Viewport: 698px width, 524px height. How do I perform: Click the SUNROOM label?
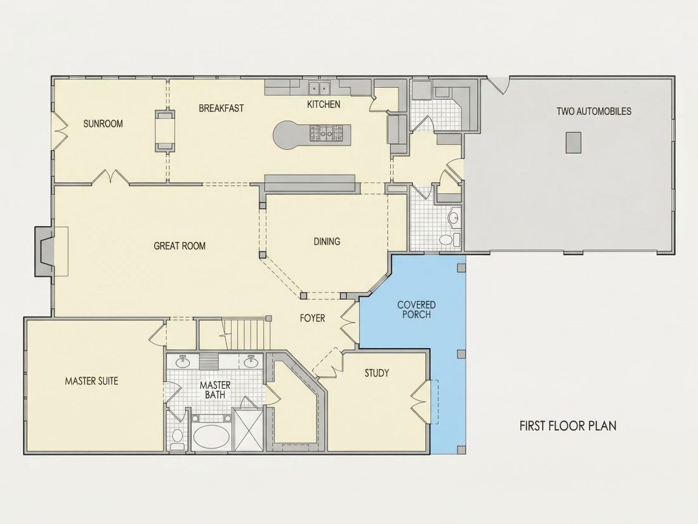pos(103,123)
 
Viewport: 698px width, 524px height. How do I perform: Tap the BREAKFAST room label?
pos(221,108)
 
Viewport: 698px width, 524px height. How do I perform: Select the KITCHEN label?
pos(324,104)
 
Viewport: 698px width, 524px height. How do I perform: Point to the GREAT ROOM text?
pos(180,246)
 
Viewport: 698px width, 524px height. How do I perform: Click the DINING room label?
pos(327,241)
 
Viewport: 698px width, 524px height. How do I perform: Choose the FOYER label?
pos(312,318)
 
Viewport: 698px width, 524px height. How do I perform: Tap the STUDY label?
pos(376,373)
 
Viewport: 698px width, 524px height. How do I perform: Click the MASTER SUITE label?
pos(92,381)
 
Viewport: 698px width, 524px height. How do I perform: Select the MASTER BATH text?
pos(215,389)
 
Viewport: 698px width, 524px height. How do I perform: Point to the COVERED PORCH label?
pos(416,310)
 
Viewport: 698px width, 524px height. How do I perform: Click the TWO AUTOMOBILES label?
pos(594,111)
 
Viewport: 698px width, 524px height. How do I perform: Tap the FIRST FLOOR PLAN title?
pos(568,426)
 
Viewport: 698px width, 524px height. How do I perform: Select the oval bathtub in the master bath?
pos(211,438)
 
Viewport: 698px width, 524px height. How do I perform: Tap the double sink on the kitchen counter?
pos(319,88)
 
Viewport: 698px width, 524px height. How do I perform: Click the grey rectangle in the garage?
pos(574,142)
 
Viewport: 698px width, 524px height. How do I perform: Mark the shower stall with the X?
pos(248,429)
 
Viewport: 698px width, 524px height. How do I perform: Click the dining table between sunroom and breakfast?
pos(165,131)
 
